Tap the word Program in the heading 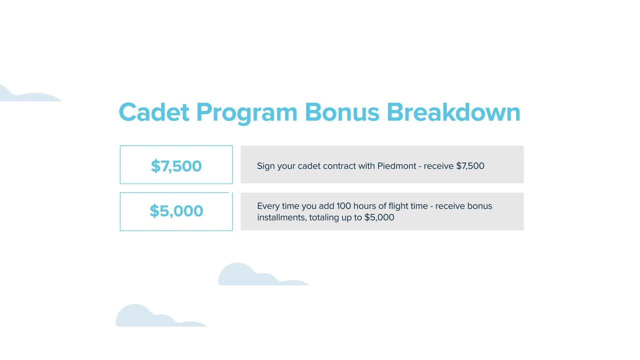point(247,113)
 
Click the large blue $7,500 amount point(176,166)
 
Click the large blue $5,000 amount point(176,211)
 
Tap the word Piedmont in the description point(397,166)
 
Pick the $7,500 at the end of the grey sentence point(470,166)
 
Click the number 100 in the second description point(343,206)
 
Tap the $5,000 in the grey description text point(379,217)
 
